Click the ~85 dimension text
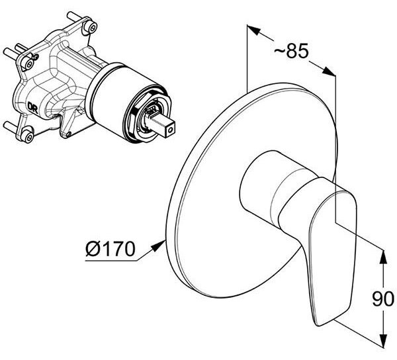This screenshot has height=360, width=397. [292, 51]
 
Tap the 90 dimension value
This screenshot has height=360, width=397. [383, 299]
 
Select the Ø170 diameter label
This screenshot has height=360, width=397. [110, 248]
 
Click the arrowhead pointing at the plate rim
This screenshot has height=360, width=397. [159, 246]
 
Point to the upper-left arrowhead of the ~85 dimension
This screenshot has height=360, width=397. [253, 30]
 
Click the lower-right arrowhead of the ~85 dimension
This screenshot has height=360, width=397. [329, 71]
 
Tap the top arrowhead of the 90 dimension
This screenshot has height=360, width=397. [384, 257]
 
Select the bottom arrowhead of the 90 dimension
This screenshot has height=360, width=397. [384, 340]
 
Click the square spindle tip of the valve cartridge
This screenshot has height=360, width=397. [162, 124]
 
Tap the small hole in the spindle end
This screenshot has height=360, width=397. [170, 130]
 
